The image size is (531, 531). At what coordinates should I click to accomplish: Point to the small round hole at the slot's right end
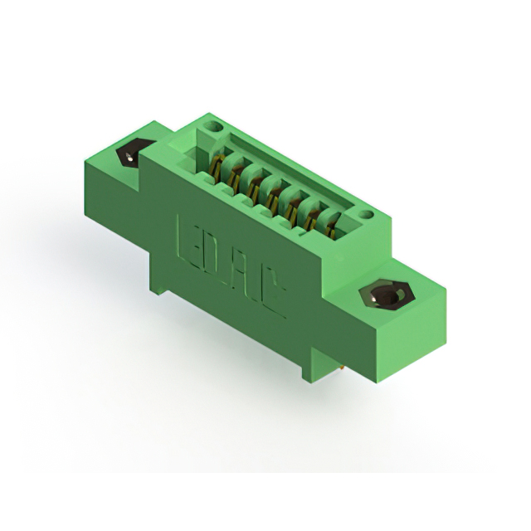pos(368,217)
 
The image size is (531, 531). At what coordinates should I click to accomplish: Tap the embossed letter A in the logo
pos(246,274)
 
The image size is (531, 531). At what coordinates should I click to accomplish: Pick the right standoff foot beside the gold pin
pos(307,369)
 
